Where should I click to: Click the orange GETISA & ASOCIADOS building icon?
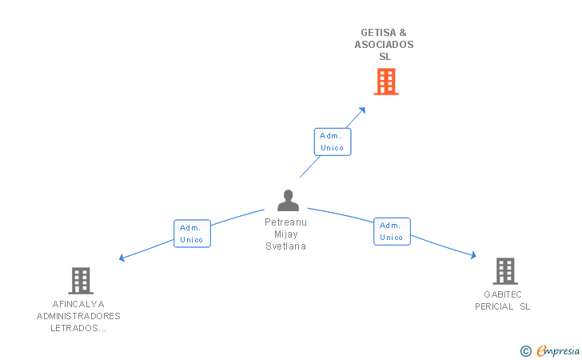386,82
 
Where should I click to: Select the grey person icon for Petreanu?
288,200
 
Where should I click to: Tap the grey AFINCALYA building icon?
81,281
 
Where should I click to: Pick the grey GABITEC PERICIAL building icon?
505,271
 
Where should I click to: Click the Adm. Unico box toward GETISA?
332,142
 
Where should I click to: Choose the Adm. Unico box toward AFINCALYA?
192,234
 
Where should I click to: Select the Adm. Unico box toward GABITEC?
392,231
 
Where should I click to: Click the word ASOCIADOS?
385,45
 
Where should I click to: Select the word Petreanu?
286,222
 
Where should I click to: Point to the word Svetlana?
286,246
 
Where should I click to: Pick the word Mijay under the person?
286,234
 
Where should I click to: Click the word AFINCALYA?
78,304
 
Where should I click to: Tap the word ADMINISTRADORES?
78,316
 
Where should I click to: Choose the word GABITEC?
503,294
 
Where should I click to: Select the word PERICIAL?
493,306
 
